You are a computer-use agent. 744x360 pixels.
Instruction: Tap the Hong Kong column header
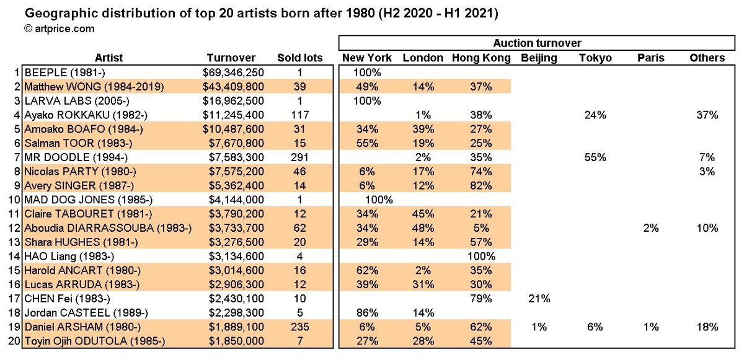481,58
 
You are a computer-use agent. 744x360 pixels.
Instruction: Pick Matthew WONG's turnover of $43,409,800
234,87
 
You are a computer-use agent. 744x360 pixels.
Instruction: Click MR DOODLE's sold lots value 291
300,157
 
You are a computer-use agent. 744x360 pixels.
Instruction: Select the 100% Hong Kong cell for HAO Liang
481,256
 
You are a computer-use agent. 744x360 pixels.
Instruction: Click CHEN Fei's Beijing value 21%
539,298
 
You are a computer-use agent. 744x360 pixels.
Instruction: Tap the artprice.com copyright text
59,28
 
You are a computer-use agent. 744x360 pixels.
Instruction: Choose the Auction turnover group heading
537,43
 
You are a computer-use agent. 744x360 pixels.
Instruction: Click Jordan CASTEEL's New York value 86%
367,312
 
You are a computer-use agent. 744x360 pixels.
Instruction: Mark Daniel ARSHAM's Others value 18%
707,327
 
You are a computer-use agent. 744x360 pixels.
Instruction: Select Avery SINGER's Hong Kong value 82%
481,185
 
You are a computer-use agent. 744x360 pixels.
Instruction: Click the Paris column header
650,58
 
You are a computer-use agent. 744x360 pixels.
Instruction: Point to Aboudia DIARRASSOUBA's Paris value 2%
650,227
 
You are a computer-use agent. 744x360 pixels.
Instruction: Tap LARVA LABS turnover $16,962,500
234,100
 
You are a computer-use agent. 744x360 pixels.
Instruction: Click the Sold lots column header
300,58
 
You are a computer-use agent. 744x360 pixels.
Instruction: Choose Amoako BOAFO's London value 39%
423,129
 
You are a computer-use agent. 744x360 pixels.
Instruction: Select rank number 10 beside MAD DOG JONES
14,200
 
